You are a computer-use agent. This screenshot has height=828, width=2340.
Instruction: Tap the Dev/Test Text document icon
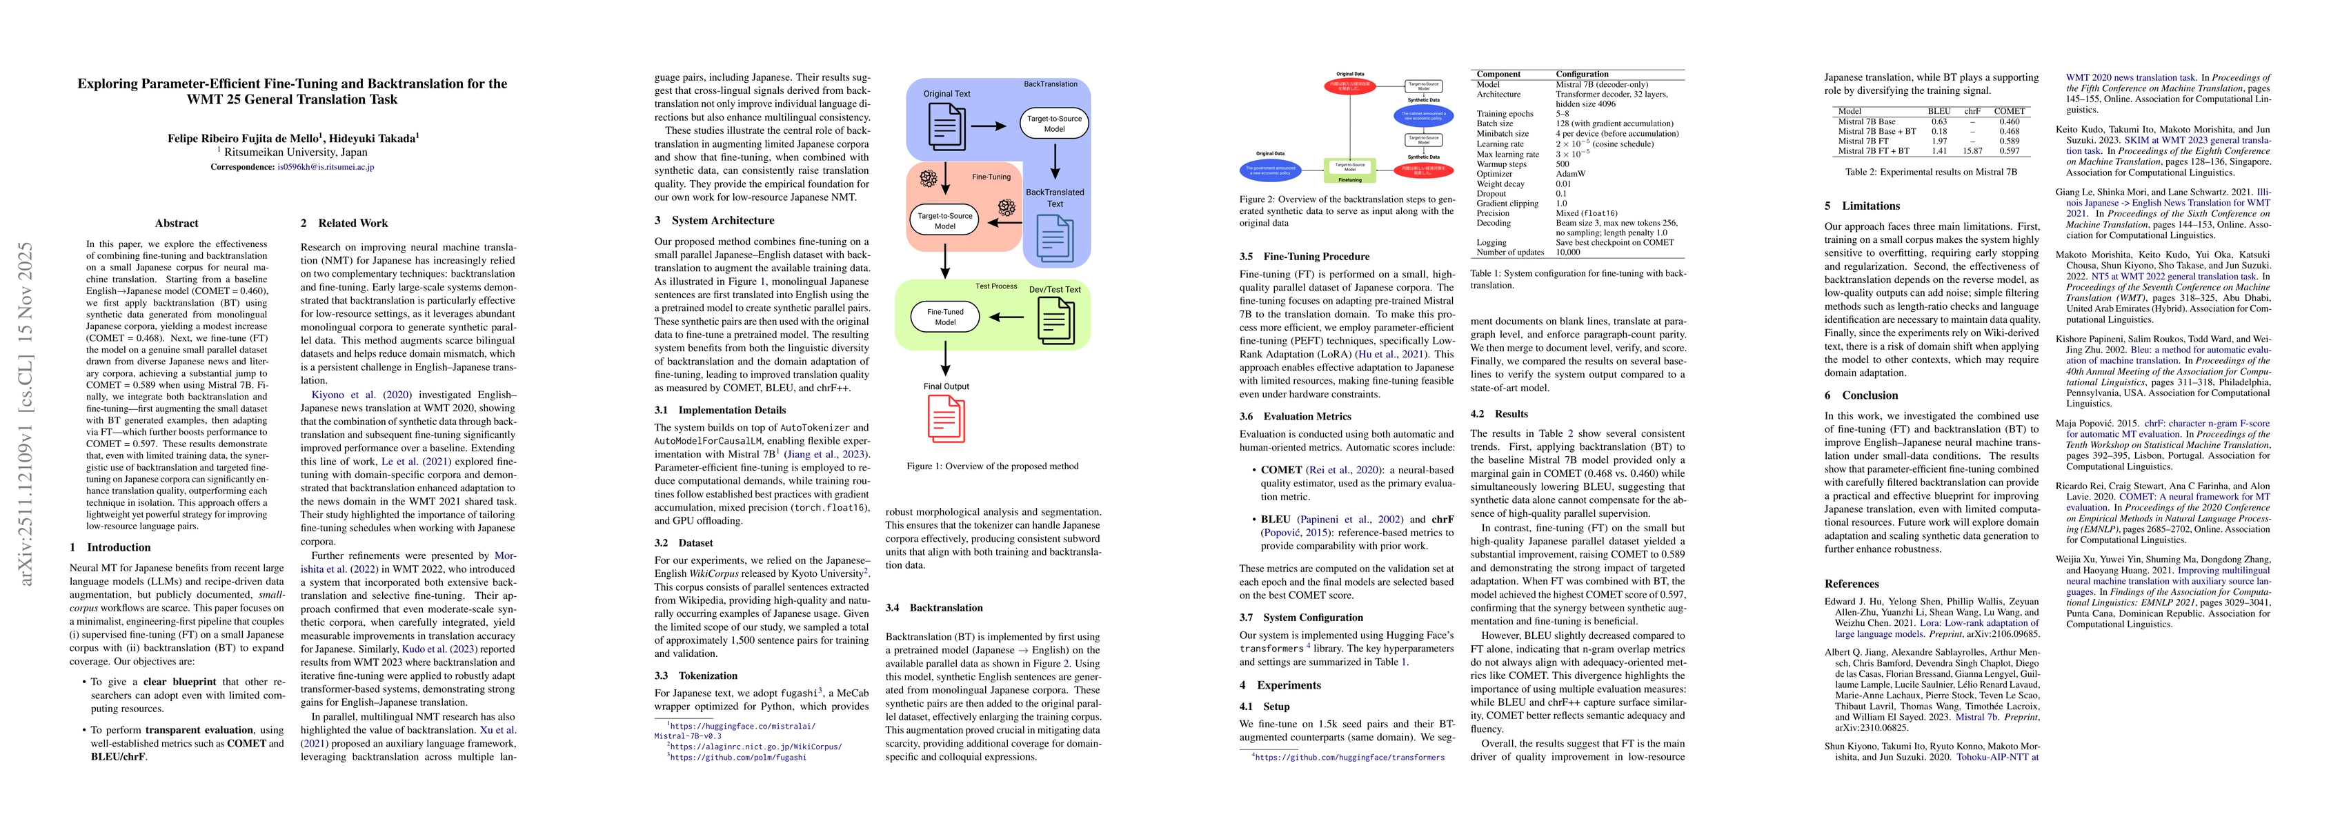[1055, 318]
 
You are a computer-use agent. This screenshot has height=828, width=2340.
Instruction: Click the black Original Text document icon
[946, 126]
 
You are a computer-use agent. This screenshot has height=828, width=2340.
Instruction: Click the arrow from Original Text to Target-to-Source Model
[989, 126]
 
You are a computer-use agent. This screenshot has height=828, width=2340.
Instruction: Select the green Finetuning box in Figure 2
[1350, 169]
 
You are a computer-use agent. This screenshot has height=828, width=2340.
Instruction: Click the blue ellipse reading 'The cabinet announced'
[1423, 117]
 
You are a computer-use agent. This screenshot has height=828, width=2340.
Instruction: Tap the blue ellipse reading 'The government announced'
[1270, 169]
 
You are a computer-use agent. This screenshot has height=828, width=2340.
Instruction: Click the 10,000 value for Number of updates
[1568, 253]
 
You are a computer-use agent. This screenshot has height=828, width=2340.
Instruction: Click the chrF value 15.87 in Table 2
[1973, 151]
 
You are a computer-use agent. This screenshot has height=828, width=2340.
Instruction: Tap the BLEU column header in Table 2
[1939, 111]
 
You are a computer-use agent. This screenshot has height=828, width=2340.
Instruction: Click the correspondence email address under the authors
[325, 167]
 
